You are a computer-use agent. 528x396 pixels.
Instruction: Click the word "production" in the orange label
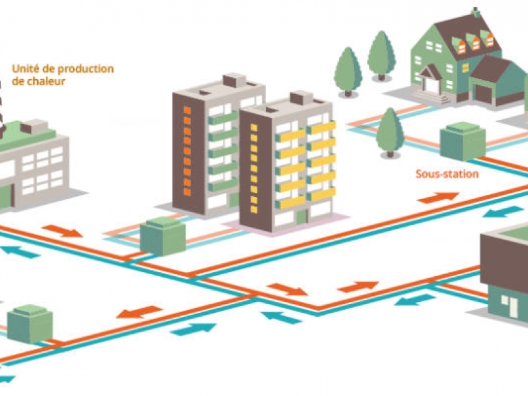[86, 69]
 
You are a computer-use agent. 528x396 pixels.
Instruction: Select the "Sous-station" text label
[447, 174]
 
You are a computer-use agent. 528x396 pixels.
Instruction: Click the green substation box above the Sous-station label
[462, 141]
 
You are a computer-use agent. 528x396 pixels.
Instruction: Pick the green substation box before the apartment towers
[163, 236]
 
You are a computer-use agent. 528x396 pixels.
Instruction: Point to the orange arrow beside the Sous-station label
[438, 198]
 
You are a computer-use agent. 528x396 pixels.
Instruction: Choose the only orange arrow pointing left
[139, 312]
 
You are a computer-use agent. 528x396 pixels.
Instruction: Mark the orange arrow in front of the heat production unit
[62, 231]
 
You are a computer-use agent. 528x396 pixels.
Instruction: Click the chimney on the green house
[475, 12]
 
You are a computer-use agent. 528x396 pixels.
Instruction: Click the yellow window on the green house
[465, 68]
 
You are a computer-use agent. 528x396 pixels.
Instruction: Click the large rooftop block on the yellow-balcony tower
[301, 97]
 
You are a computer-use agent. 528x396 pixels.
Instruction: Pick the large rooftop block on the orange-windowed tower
[235, 81]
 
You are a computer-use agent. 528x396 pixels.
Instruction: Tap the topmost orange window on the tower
[188, 110]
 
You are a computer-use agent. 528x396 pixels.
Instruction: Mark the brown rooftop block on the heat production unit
[34, 127]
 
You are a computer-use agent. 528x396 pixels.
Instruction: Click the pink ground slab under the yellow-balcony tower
[286, 225]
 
